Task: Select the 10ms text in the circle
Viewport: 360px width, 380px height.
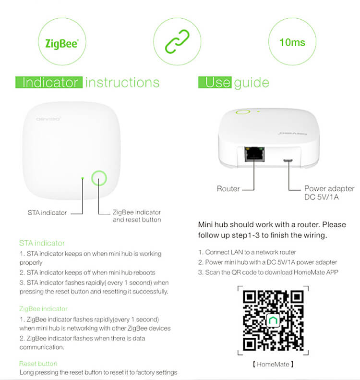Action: coord(292,43)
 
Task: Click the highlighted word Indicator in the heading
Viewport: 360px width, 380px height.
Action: coord(50,82)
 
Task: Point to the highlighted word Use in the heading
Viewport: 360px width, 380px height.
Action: coord(216,82)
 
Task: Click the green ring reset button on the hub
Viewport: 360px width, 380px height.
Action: coord(99,178)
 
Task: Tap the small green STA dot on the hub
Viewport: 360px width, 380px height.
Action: coord(83,178)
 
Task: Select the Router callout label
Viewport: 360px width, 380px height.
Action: coord(228,189)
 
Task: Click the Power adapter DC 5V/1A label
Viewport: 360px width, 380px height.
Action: coord(329,193)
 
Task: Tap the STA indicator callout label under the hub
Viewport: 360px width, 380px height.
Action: coord(47,212)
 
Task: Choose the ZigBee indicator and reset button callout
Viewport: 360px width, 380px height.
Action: coord(137,216)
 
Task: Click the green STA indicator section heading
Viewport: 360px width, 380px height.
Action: coord(42,243)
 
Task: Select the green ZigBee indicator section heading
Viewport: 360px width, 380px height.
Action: coord(43,309)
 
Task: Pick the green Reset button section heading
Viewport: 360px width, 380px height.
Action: coord(38,364)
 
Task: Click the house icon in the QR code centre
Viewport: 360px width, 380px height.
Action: coord(273,320)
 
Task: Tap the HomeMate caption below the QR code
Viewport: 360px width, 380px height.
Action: coord(273,364)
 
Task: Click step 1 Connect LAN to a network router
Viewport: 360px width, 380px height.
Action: coord(247,252)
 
